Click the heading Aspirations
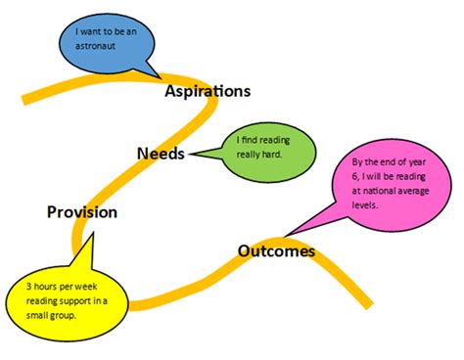tap(208, 91)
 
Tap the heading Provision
tap(82, 211)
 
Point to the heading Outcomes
tap(276, 251)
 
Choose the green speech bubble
tap(268, 152)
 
